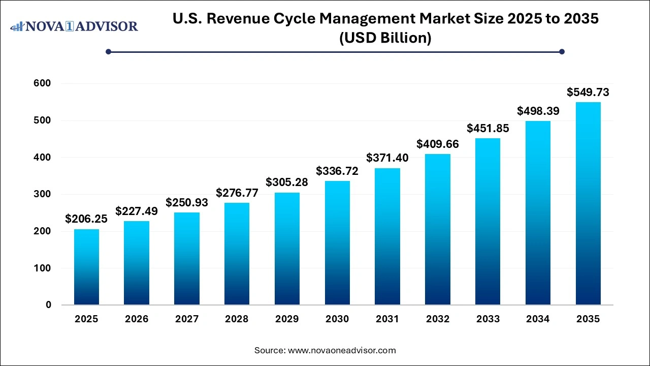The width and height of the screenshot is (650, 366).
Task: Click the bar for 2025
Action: click(x=86, y=267)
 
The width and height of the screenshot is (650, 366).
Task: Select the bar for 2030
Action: click(x=337, y=243)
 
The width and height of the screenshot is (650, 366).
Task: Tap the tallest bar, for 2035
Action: click(x=588, y=203)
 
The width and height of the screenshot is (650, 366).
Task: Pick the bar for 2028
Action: click(x=237, y=254)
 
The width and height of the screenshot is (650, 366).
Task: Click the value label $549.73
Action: click(x=588, y=92)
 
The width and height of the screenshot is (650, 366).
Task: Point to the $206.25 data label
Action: click(x=86, y=219)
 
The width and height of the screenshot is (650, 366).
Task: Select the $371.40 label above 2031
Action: click(x=387, y=158)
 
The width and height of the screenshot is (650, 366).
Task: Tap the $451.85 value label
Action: click(x=487, y=128)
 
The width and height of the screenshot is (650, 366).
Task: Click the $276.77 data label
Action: click(x=237, y=193)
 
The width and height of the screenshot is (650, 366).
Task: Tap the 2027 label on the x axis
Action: click(x=187, y=319)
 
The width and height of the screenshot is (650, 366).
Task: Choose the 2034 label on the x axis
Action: click(x=538, y=319)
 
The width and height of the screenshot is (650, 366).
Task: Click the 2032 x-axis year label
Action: click(x=438, y=319)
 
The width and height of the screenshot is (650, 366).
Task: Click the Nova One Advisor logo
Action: click(x=74, y=26)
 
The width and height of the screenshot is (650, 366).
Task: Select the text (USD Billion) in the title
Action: click(x=385, y=38)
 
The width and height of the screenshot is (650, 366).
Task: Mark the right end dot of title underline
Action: click(x=562, y=51)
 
